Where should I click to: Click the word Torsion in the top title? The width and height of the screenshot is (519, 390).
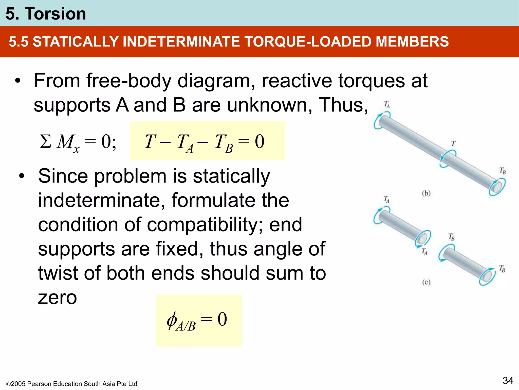pos(55,14)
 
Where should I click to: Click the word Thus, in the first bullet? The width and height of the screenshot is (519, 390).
pos(343,105)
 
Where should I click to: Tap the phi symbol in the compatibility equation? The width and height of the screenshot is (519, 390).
pos(172,320)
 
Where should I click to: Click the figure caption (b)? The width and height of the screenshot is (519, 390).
pos(426,193)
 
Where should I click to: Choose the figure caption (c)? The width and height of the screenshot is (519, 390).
pos(426,282)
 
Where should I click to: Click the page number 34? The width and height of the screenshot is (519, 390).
pos(508,381)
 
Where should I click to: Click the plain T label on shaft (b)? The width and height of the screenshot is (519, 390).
pos(453,144)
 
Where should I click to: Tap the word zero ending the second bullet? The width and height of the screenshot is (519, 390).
pos(57,298)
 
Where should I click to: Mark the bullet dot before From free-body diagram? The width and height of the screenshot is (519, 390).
pos(17,81)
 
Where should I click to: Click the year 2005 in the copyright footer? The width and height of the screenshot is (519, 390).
pos(18,384)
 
